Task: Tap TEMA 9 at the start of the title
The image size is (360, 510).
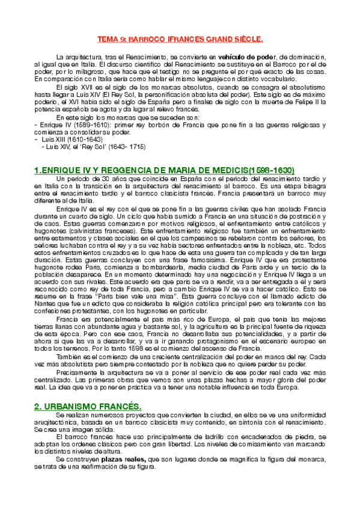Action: [110, 40]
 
